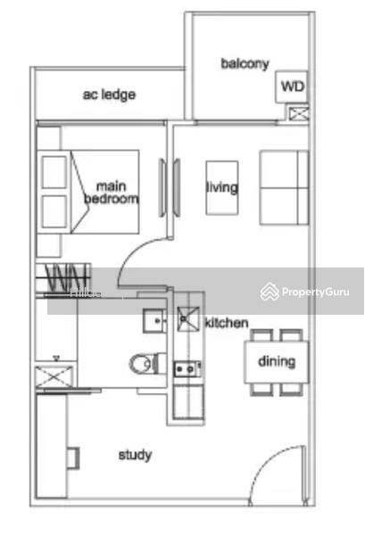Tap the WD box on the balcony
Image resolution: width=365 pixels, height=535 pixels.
click(291, 86)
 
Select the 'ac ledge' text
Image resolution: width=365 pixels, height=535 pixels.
click(109, 93)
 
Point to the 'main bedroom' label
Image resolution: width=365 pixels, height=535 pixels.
click(112, 193)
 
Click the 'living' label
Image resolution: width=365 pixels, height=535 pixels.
click(222, 187)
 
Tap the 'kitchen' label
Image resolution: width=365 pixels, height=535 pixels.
click(227, 323)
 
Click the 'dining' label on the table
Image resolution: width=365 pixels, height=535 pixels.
click(277, 362)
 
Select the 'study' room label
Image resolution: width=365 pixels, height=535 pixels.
click(135, 455)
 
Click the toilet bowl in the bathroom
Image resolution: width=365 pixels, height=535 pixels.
click(143, 363)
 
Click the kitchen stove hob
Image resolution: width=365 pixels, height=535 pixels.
click(187, 367)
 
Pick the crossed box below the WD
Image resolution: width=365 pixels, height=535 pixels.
click(298, 113)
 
